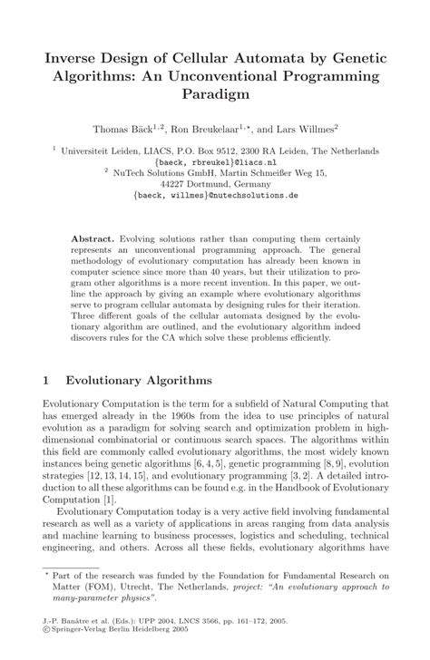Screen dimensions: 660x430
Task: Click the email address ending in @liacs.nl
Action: [215, 162]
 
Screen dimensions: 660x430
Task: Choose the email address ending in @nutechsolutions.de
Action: [215, 193]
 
